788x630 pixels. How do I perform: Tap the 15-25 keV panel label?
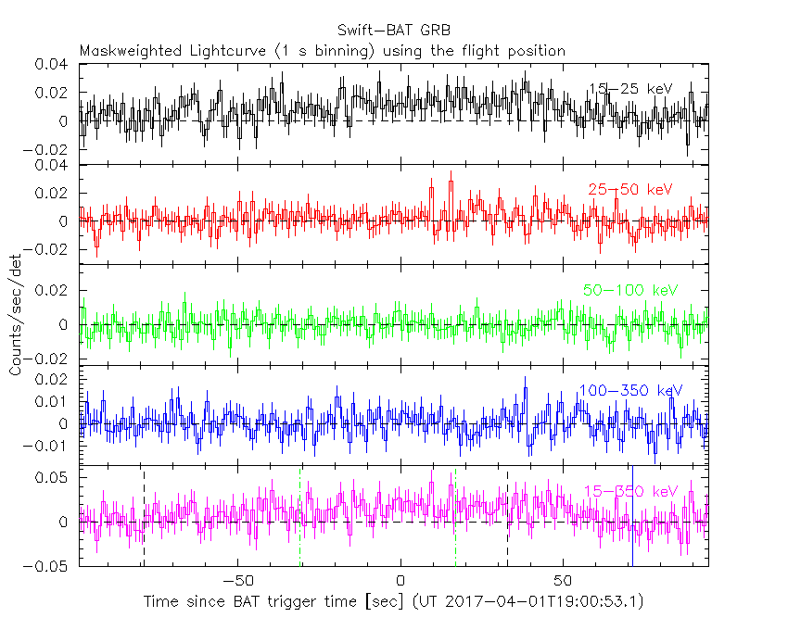tap(630, 89)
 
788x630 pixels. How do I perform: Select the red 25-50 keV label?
tap(630, 190)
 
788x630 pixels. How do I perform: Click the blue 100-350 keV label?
tap(630, 390)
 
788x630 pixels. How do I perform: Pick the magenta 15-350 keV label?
tap(630, 491)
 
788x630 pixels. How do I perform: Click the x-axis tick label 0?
tap(400, 580)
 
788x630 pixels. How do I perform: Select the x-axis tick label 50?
tap(562, 580)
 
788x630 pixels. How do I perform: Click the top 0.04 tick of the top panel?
tap(53, 65)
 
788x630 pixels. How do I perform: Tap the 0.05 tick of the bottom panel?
tap(53, 478)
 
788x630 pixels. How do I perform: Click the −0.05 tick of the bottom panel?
tap(48, 565)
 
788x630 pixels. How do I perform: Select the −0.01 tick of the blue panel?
tap(48, 446)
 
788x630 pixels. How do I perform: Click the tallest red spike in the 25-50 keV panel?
tap(451, 172)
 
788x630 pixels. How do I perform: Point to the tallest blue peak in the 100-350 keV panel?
tap(526, 378)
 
